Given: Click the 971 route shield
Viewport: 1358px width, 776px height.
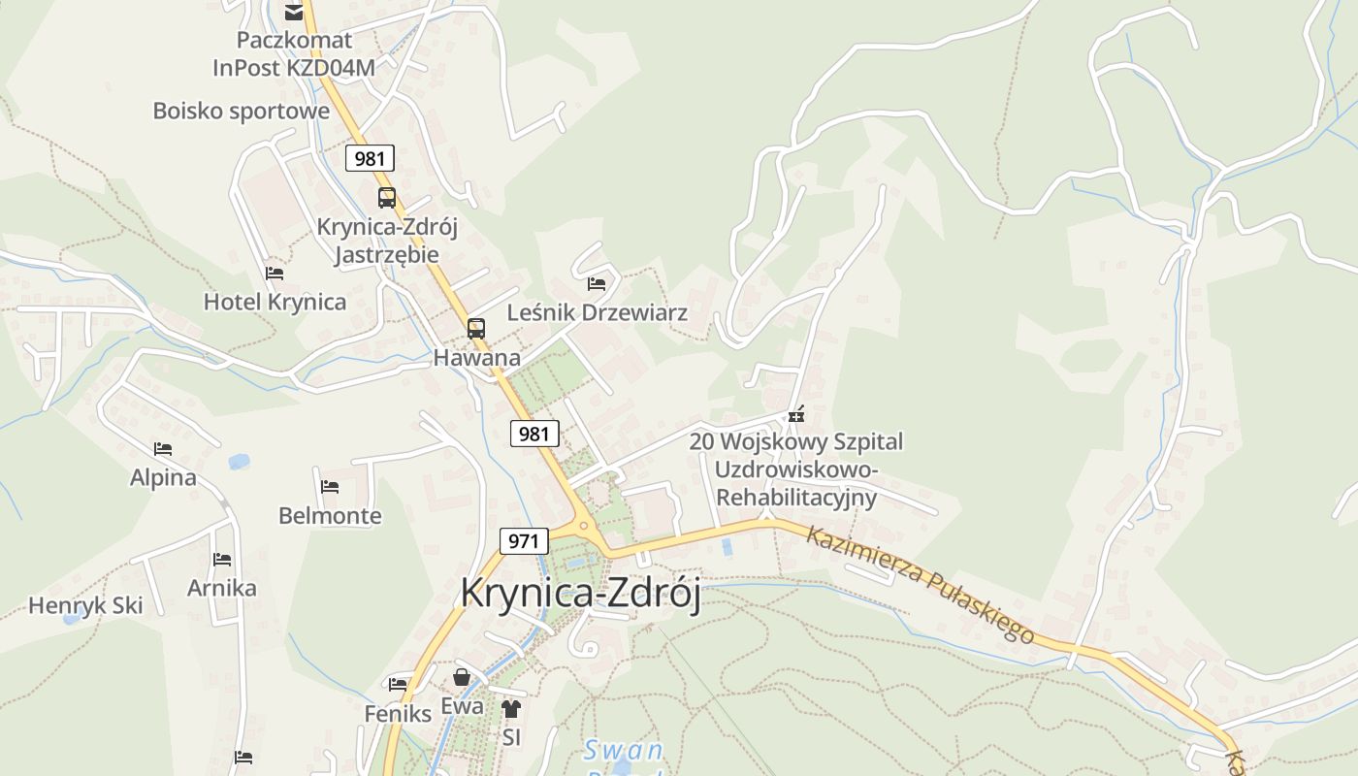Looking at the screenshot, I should coord(523,540).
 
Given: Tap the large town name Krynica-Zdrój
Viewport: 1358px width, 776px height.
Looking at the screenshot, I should coord(580,593).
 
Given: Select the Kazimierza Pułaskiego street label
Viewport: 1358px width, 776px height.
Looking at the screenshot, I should coord(920,584).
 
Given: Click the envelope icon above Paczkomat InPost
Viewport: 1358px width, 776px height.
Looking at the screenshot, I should coord(293,13).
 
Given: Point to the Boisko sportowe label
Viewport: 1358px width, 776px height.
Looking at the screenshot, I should coord(242,111).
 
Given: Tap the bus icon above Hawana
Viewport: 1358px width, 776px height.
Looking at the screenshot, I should coord(475,329).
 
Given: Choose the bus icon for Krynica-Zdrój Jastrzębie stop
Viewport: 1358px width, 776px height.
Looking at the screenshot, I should coord(386,198).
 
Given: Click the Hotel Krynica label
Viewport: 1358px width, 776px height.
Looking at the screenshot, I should coord(275,302).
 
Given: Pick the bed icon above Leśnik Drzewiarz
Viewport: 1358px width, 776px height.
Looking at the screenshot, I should coord(597,284).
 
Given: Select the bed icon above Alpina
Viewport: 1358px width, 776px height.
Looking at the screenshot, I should coord(163,449).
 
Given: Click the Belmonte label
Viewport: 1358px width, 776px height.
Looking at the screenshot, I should coord(330,515).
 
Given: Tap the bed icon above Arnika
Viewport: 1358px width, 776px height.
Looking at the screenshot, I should coord(222,560).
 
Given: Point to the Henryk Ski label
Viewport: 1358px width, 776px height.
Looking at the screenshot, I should coord(85,605).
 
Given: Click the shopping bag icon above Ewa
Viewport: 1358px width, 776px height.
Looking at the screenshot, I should coord(462,677).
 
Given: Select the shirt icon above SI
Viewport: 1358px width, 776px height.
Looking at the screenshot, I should coord(511,709).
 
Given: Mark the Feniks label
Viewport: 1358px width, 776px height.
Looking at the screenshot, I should coord(398,714).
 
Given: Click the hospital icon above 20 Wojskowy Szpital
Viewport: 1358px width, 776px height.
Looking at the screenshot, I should coord(796,415).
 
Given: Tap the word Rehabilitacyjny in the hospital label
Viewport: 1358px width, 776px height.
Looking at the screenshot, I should coord(795,498).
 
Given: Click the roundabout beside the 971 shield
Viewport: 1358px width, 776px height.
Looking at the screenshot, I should coord(585,527).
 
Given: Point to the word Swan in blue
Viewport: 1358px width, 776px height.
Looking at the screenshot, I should coord(623,750).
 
